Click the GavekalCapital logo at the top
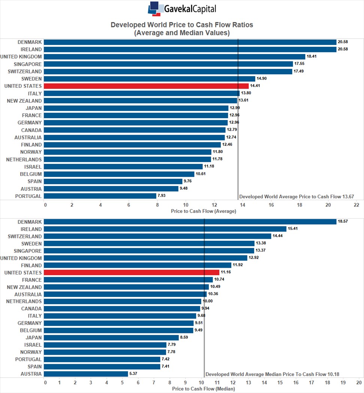[x=182, y=9]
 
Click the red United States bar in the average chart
[x=146, y=86]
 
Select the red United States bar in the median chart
[x=132, y=273]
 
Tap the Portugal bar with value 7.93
[x=100, y=196]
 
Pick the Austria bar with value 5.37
[x=86, y=374]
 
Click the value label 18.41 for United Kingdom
[x=312, y=56]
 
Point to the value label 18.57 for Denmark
[x=343, y=221]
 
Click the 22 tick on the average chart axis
[x=357, y=205]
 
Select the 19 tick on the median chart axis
[x=343, y=382]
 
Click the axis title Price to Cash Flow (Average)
[x=204, y=211]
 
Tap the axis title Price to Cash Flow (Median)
[x=204, y=389]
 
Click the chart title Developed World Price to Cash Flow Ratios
[x=182, y=25]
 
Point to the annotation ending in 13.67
[x=297, y=197]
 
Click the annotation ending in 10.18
[x=272, y=374]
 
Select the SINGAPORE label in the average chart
[x=28, y=64]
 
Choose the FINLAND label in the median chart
[x=31, y=265]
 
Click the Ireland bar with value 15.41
[x=165, y=229]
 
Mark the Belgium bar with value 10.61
[x=119, y=174]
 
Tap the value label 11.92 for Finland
[x=238, y=265]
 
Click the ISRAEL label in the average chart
[x=33, y=166]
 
